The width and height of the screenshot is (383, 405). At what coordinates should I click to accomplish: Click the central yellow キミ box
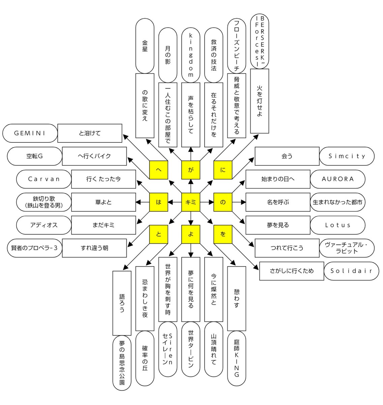tap(190, 202)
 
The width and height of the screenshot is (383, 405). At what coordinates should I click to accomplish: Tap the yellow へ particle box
tap(158, 170)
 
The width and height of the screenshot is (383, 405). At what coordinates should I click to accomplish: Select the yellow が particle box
tap(190, 170)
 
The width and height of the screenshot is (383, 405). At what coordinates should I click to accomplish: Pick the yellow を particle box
tap(223, 234)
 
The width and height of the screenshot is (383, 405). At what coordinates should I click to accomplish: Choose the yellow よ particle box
tap(190, 234)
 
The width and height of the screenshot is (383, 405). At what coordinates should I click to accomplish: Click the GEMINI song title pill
tap(30, 133)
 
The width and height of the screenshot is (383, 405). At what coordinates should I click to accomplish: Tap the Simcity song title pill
tap(347, 156)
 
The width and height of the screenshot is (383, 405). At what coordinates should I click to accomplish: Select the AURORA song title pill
tap(337, 179)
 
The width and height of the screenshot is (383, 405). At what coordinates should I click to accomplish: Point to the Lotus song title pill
tap(337, 225)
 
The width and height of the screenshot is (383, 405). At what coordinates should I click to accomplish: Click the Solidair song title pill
tap(351, 271)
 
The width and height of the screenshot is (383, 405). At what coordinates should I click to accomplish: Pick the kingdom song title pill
tap(190, 55)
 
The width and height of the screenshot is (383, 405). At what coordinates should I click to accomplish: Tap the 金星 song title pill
tap(145, 46)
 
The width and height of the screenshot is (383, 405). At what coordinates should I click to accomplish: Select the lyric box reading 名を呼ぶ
tap(278, 202)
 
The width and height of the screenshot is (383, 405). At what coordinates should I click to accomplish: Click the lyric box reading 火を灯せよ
tap(260, 101)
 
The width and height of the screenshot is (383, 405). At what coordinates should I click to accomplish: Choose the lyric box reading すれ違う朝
tap(94, 248)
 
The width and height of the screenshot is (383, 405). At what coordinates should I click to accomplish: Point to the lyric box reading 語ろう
tap(122, 303)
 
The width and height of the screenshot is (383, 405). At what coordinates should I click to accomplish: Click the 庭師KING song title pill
tap(236, 358)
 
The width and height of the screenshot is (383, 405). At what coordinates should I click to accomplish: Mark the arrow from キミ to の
tap(207, 202)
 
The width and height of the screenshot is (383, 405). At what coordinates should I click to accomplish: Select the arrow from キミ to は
tap(175, 202)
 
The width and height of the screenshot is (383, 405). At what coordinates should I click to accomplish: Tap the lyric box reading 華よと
tap(104, 202)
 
